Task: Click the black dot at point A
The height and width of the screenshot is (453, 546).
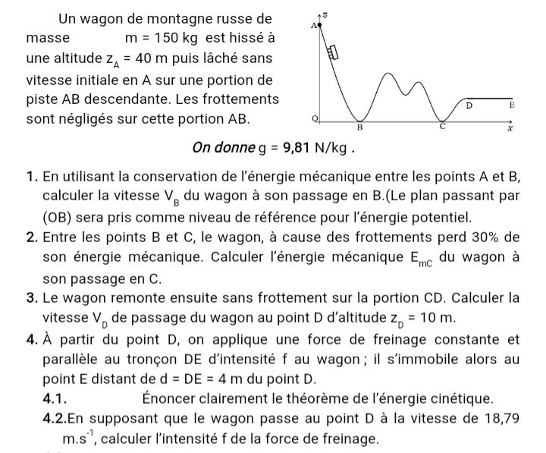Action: [320, 24]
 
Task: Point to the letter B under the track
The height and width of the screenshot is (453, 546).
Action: [360, 127]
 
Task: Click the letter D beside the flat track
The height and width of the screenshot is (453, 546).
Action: [469, 107]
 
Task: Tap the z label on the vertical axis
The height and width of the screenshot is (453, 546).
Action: [325, 15]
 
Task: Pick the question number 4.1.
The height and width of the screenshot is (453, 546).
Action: [58, 398]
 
